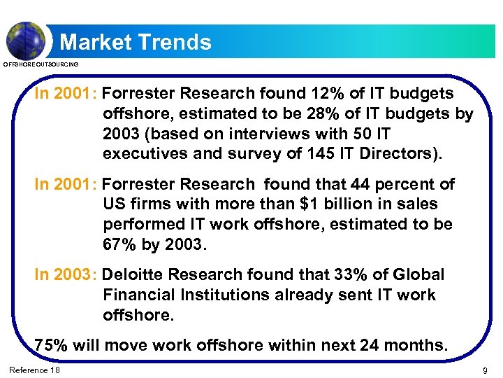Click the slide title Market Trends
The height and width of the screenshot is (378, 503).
(x=136, y=42)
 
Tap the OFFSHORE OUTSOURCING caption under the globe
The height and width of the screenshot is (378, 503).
(x=41, y=64)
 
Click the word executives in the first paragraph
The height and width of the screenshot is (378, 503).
(x=144, y=153)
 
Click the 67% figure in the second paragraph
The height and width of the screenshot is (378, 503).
(x=120, y=244)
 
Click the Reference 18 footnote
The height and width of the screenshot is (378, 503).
(x=34, y=370)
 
